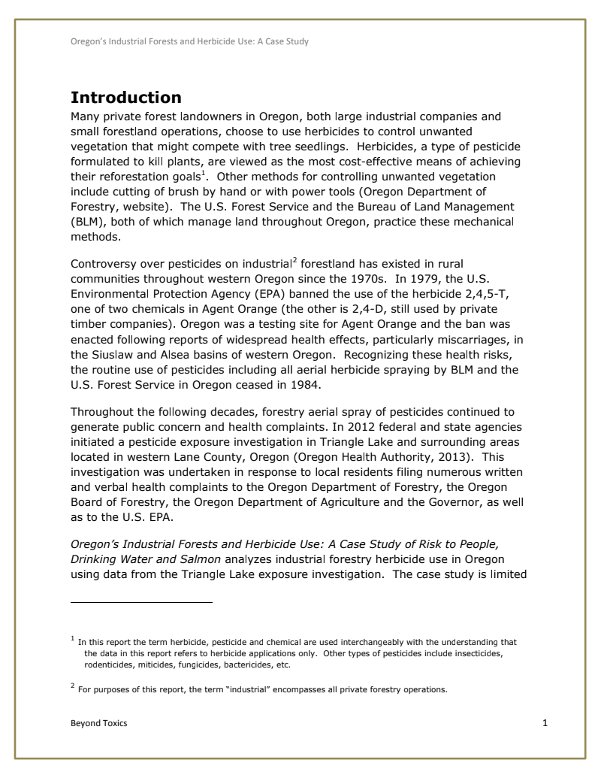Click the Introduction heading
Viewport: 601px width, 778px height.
click(x=125, y=98)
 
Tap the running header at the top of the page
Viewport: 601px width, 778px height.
click(x=189, y=41)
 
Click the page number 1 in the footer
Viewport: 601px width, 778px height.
click(x=545, y=723)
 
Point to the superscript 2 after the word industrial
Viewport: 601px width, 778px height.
click(x=293, y=259)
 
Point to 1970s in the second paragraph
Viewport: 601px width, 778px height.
click(x=370, y=277)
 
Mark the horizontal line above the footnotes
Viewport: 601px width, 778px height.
click(x=141, y=602)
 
